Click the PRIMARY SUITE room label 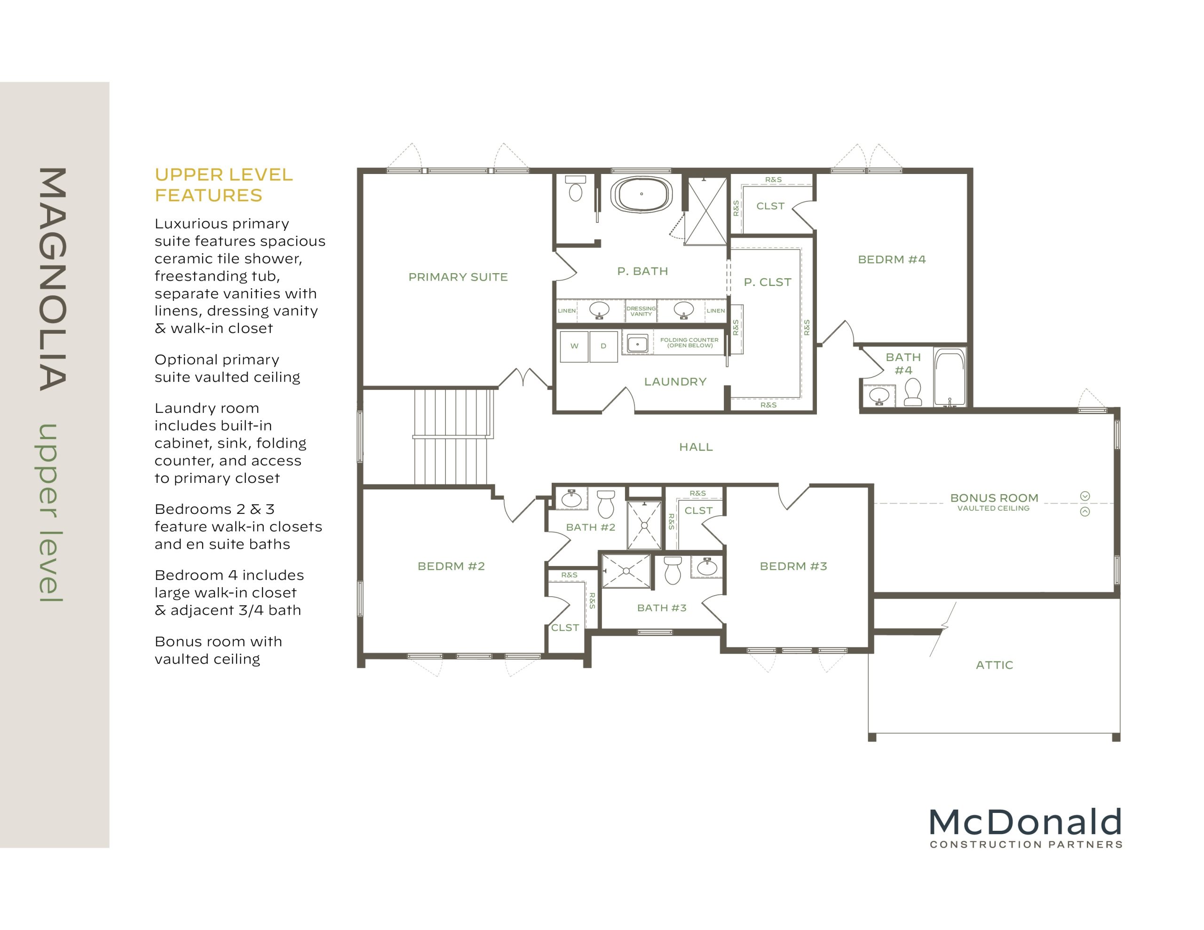click(458, 277)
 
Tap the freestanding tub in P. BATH click(641, 195)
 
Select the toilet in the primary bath click(576, 189)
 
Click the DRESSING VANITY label click(641, 311)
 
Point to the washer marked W click(574, 346)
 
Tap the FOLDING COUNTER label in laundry click(689, 342)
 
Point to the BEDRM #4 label click(891, 260)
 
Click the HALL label click(696, 447)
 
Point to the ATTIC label click(994, 665)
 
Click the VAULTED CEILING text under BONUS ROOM click(993, 508)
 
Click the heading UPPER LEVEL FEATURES click(223, 185)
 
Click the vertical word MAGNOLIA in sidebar click(53, 279)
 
